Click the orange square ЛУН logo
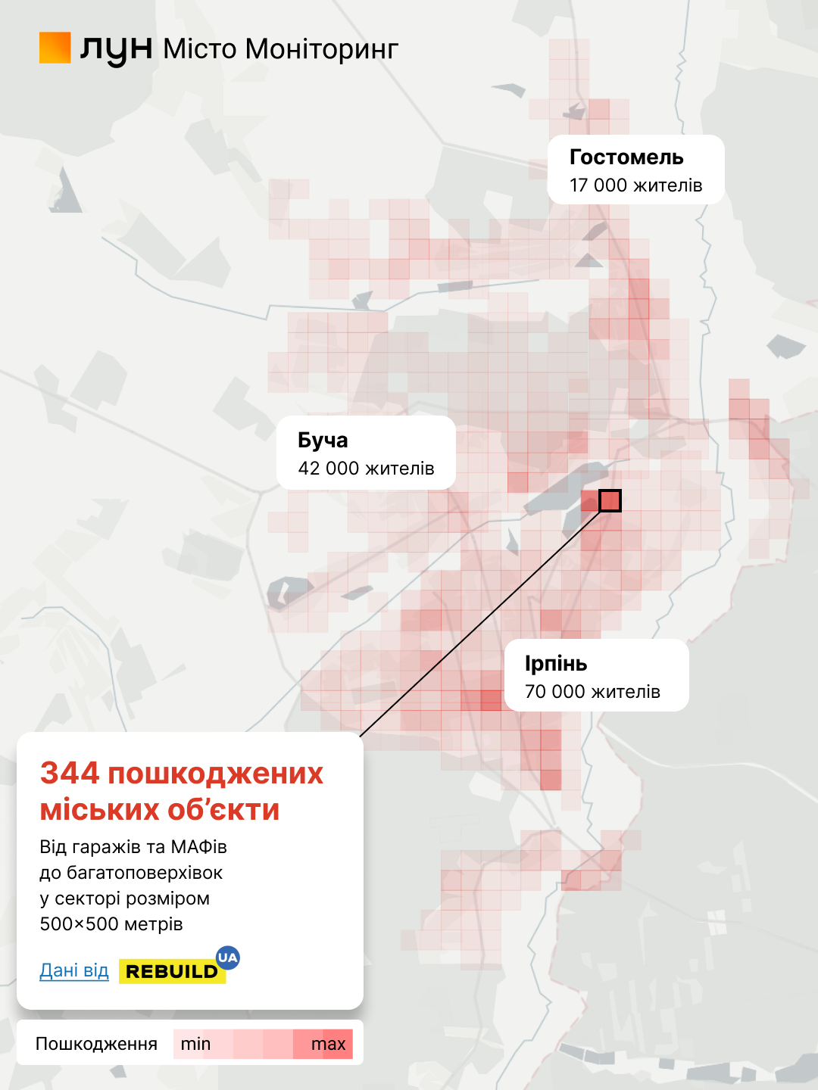pos(55,48)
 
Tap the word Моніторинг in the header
pos(322,49)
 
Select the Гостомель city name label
pos(626,157)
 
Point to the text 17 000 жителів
pos(635,185)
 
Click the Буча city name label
pos(323,441)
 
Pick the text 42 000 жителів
pos(366,469)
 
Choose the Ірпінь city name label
pos(556,664)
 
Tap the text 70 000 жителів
pos(592,692)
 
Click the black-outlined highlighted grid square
pos(610,500)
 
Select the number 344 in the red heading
pos(70,774)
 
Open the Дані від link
pos(74,971)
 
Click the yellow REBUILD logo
pos(172,972)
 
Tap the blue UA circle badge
pos(227,958)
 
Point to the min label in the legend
pos(195,1044)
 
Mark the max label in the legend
pos(328,1044)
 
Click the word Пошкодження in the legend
pos(96,1044)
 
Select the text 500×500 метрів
pos(111,924)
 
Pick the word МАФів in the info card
pos(198,847)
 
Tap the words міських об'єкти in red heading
pos(160,810)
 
